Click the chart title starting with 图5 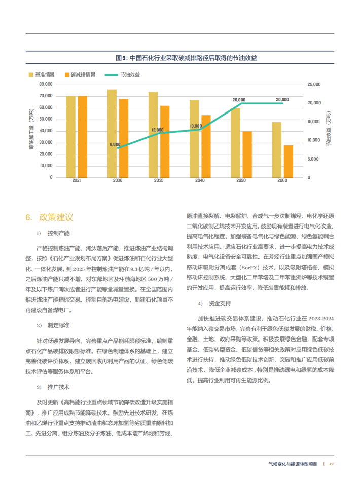click(179, 58)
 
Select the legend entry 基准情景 click(41, 74)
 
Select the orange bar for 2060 click(288, 161)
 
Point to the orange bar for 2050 click(247, 154)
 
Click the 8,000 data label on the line click(115, 145)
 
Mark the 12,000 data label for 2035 click(157, 130)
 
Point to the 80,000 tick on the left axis click(46, 84)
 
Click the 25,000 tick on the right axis click(314, 84)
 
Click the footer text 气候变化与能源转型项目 click(293, 464)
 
